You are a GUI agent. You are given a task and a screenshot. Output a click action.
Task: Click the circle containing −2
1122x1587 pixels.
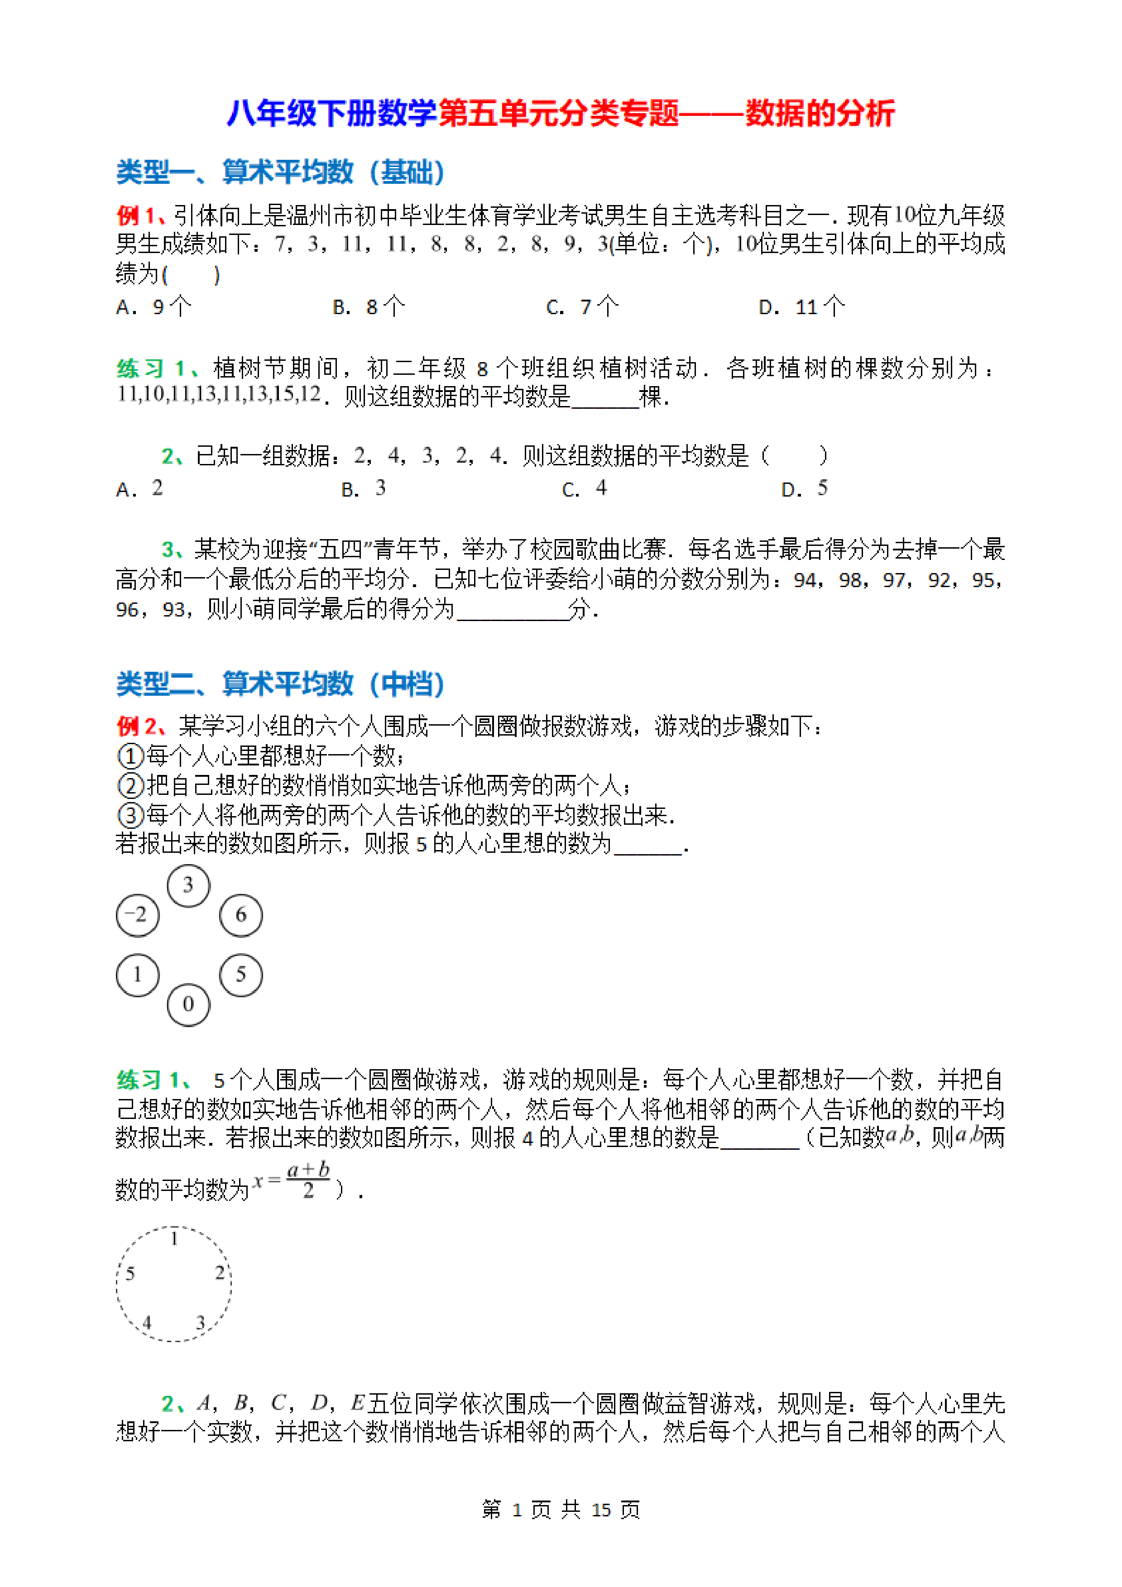[138, 915]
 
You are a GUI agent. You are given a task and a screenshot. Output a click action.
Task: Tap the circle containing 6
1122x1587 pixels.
[240, 915]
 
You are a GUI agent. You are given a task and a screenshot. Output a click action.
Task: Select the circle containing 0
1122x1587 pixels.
[188, 1004]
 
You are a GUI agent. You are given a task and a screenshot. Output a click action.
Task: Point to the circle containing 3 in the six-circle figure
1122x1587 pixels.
[188, 885]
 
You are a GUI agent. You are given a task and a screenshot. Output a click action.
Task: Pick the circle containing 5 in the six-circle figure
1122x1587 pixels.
[240, 975]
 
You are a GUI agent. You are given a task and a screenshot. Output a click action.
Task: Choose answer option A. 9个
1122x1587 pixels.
[153, 306]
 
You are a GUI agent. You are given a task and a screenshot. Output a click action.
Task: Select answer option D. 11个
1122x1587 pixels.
[801, 306]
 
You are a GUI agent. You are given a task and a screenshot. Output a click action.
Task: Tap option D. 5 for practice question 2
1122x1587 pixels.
[804, 489]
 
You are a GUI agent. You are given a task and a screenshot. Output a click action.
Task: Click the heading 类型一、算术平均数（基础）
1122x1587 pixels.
[280, 172]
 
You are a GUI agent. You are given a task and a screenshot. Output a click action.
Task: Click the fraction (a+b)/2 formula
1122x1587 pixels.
[307, 1180]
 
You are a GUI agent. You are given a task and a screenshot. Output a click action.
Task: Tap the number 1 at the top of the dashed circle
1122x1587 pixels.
[174, 1238]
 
